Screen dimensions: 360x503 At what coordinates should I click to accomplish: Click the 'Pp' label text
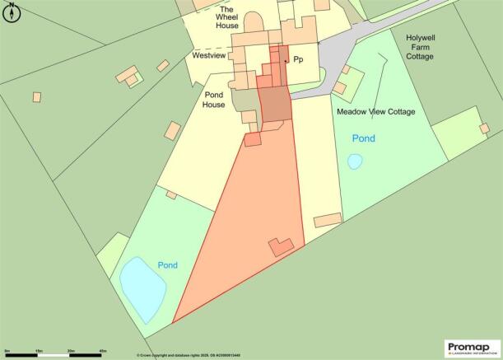[x=297, y=61]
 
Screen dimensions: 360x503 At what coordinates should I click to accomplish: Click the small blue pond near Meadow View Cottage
[x=354, y=161]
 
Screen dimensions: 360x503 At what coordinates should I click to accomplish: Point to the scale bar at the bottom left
[x=55, y=353]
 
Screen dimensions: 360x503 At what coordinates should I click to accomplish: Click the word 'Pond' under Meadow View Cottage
[x=363, y=138]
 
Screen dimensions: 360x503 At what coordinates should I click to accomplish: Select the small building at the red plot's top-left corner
[x=252, y=139]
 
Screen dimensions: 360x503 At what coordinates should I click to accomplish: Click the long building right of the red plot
[x=328, y=218]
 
